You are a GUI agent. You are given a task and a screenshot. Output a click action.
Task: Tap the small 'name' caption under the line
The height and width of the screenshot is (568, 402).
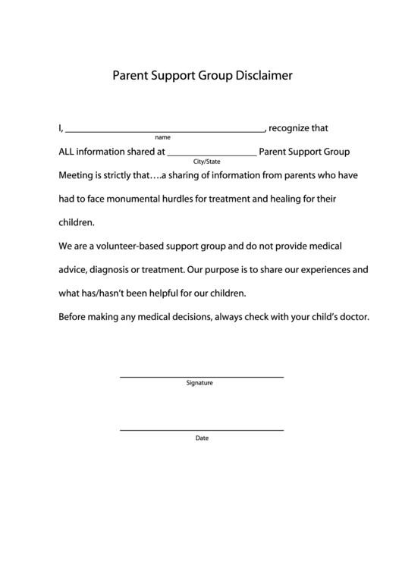162,138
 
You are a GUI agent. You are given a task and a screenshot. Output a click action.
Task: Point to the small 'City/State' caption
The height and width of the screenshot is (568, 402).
207,162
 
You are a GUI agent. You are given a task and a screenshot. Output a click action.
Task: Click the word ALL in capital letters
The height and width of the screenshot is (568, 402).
68,152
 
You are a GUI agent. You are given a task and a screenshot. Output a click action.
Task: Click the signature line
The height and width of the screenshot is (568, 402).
202,376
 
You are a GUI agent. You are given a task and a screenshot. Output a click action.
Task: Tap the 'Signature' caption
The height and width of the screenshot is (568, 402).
199,384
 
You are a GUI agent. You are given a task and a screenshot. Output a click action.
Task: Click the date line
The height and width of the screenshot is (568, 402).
202,430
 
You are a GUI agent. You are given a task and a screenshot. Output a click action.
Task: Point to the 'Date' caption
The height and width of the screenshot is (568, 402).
202,438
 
